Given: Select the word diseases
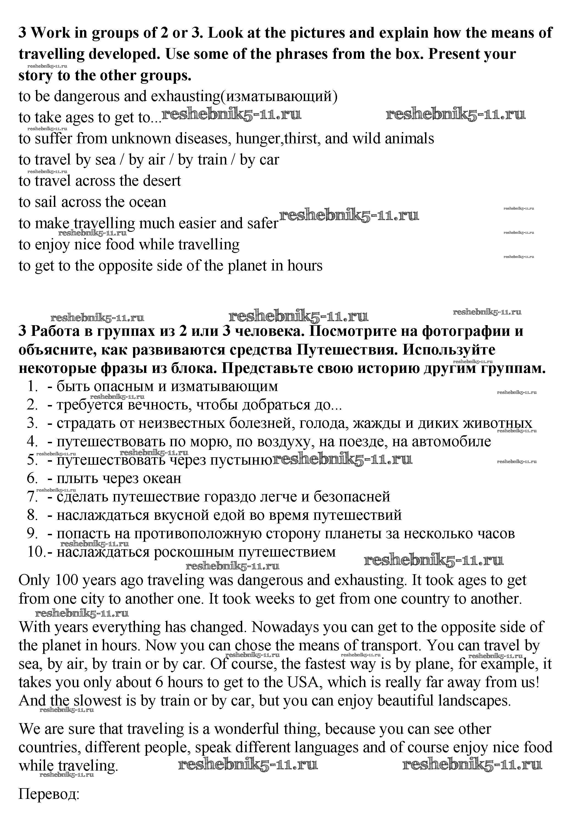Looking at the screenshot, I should click(x=202, y=139).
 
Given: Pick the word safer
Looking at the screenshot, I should click(x=263, y=224).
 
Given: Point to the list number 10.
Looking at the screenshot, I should click(x=35, y=552).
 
